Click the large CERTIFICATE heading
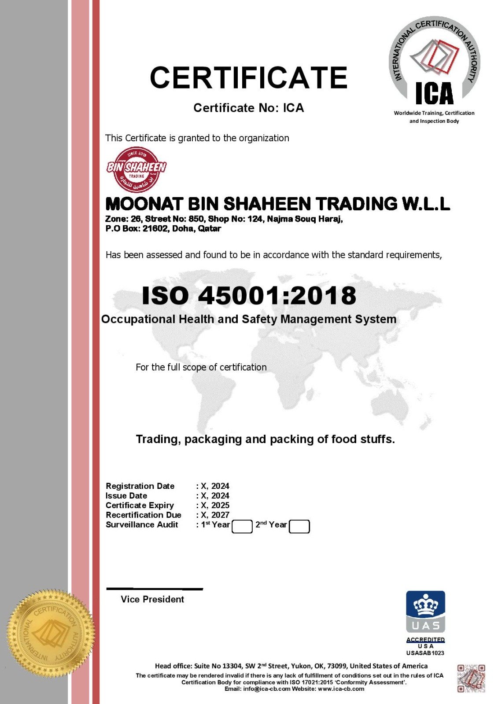(249, 78)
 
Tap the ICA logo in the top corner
(434, 64)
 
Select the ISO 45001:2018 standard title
(249, 295)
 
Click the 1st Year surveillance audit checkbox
(242, 526)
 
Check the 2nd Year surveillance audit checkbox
(299, 526)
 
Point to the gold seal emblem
(51, 634)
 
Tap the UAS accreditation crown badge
(425, 611)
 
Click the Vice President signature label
(152, 599)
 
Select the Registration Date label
(140, 486)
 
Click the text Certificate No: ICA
(249, 108)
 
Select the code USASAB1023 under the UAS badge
(425, 653)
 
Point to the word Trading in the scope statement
(158, 439)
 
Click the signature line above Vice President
(155, 588)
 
